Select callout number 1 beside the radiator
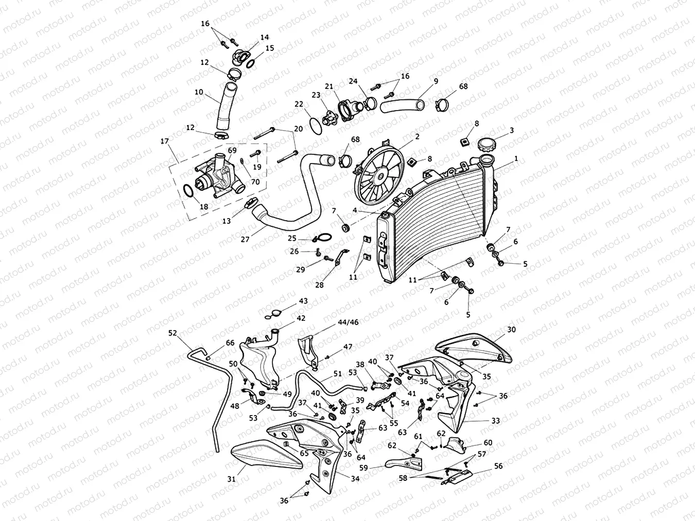click(x=516, y=159)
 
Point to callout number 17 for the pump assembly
click(x=165, y=140)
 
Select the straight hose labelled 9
click(x=403, y=106)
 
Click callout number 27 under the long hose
click(x=245, y=239)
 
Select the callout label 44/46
click(x=348, y=322)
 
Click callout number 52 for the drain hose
click(x=172, y=333)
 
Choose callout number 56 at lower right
click(x=498, y=466)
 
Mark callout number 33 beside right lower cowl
click(x=495, y=421)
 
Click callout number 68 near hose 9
click(x=463, y=86)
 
